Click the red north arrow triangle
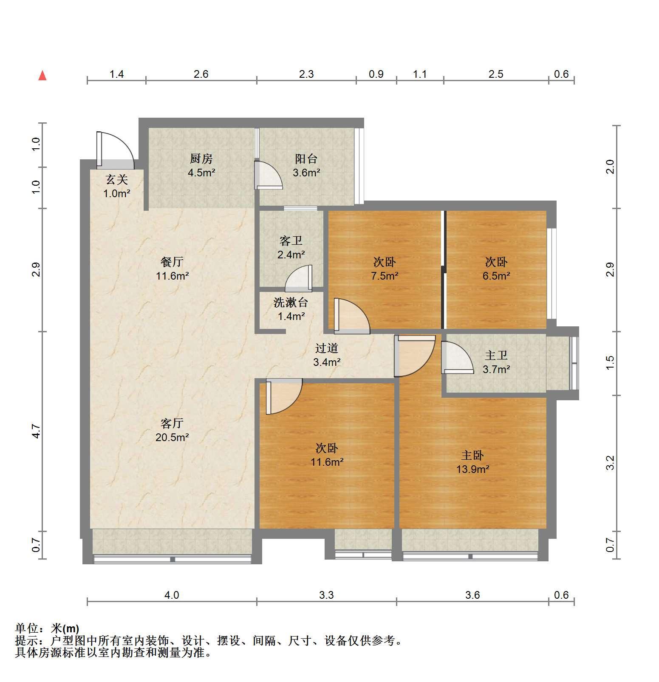[x=42, y=76]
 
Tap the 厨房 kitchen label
[x=201, y=159]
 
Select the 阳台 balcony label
[x=306, y=159]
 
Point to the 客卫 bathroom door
[x=298, y=278]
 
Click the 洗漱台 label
[x=291, y=303]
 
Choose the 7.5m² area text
[x=385, y=276]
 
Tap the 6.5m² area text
[x=496, y=276]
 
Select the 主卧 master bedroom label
[x=472, y=456]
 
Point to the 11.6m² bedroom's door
[x=284, y=396]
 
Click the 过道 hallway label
[x=327, y=348]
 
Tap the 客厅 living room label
[x=172, y=423]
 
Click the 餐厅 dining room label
[x=172, y=262]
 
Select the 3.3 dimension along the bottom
[x=326, y=595]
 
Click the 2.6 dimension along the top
[x=201, y=74]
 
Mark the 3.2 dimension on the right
[x=610, y=463]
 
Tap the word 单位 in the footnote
[x=26, y=628]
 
